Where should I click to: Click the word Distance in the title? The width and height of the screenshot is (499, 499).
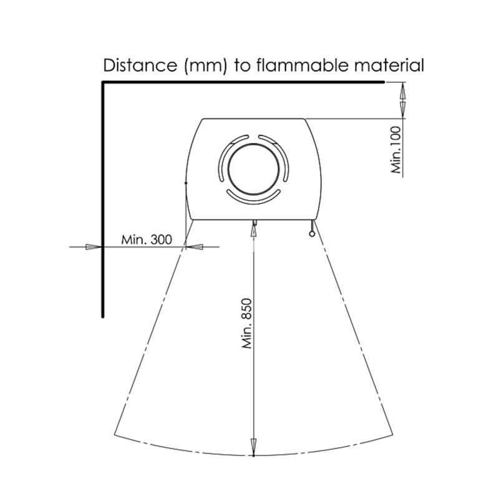pyautogui.click(x=140, y=65)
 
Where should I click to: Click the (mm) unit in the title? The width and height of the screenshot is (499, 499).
pyautogui.click(x=206, y=66)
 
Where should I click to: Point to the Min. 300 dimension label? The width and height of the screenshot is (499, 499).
pyautogui.click(x=147, y=240)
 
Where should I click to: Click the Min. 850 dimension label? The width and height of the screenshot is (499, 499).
pyautogui.click(x=247, y=323)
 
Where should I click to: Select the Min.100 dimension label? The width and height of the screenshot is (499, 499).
pyautogui.click(x=395, y=150)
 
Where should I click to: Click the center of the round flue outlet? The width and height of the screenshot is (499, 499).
pyautogui.click(x=254, y=168)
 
